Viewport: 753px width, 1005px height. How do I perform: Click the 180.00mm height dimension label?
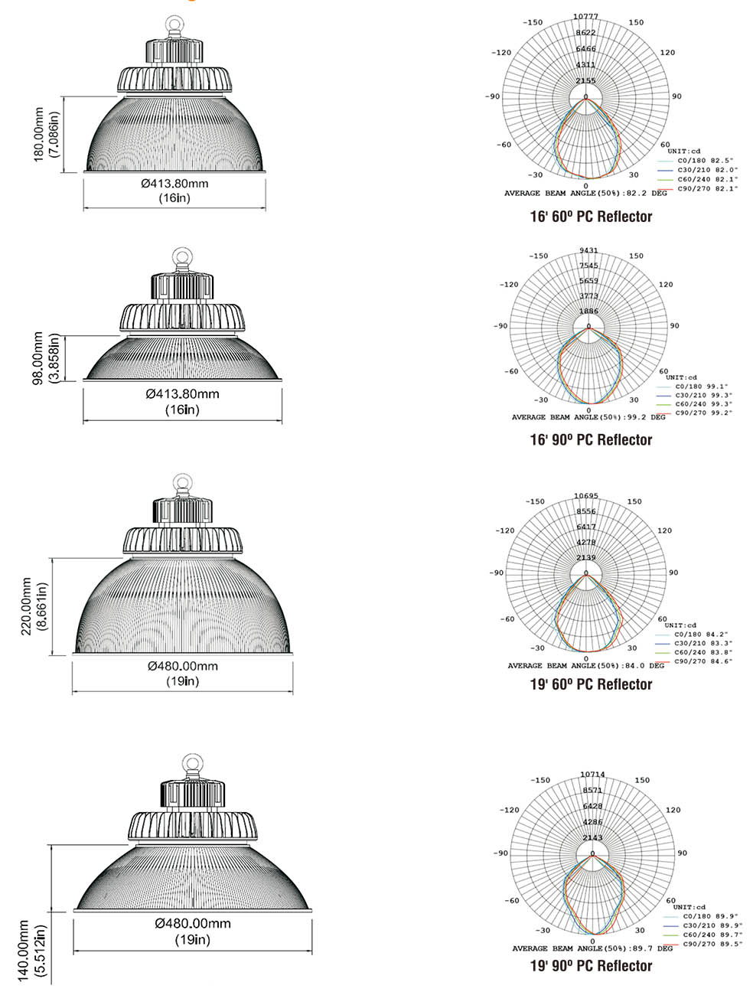point(40,135)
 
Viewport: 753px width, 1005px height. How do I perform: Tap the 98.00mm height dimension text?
point(38,358)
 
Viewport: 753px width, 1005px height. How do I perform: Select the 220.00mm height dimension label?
point(27,607)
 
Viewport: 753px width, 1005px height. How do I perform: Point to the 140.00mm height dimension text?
point(24,951)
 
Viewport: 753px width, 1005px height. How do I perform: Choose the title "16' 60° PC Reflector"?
point(591,216)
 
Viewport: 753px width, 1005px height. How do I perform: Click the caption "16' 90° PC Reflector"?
point(591,439)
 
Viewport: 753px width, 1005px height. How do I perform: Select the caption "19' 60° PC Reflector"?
point(591,684)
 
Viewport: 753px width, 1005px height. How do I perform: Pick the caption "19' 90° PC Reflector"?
point(591,966)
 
